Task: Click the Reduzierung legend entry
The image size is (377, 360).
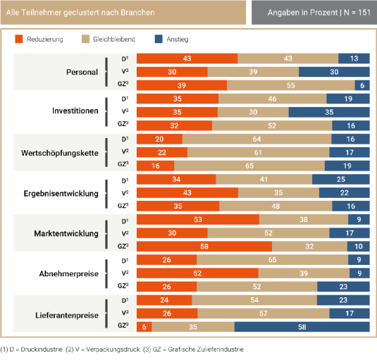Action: click(x=39, y=39)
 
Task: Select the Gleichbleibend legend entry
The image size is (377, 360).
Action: click(x=106, y=39)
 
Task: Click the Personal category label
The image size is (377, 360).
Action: click(x=82, y=72)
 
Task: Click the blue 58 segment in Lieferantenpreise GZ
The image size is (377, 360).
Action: click(x=301, y=327)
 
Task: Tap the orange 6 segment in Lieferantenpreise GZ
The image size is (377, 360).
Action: click(x=143, y=327)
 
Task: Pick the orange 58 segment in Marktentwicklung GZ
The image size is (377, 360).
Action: click(x=204, y=247)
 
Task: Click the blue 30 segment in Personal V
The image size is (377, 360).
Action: click(x=333, y=72)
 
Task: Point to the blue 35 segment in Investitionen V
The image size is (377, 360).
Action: click(x=328, y=112)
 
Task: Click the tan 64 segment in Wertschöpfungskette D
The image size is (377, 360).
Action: click(x=257, y=139)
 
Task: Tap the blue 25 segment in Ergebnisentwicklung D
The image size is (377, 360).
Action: click(x=340, y=179)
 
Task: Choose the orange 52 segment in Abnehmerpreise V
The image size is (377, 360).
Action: click(x=197, y=273)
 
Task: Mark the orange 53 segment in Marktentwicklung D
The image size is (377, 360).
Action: click(x=197, y=219)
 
